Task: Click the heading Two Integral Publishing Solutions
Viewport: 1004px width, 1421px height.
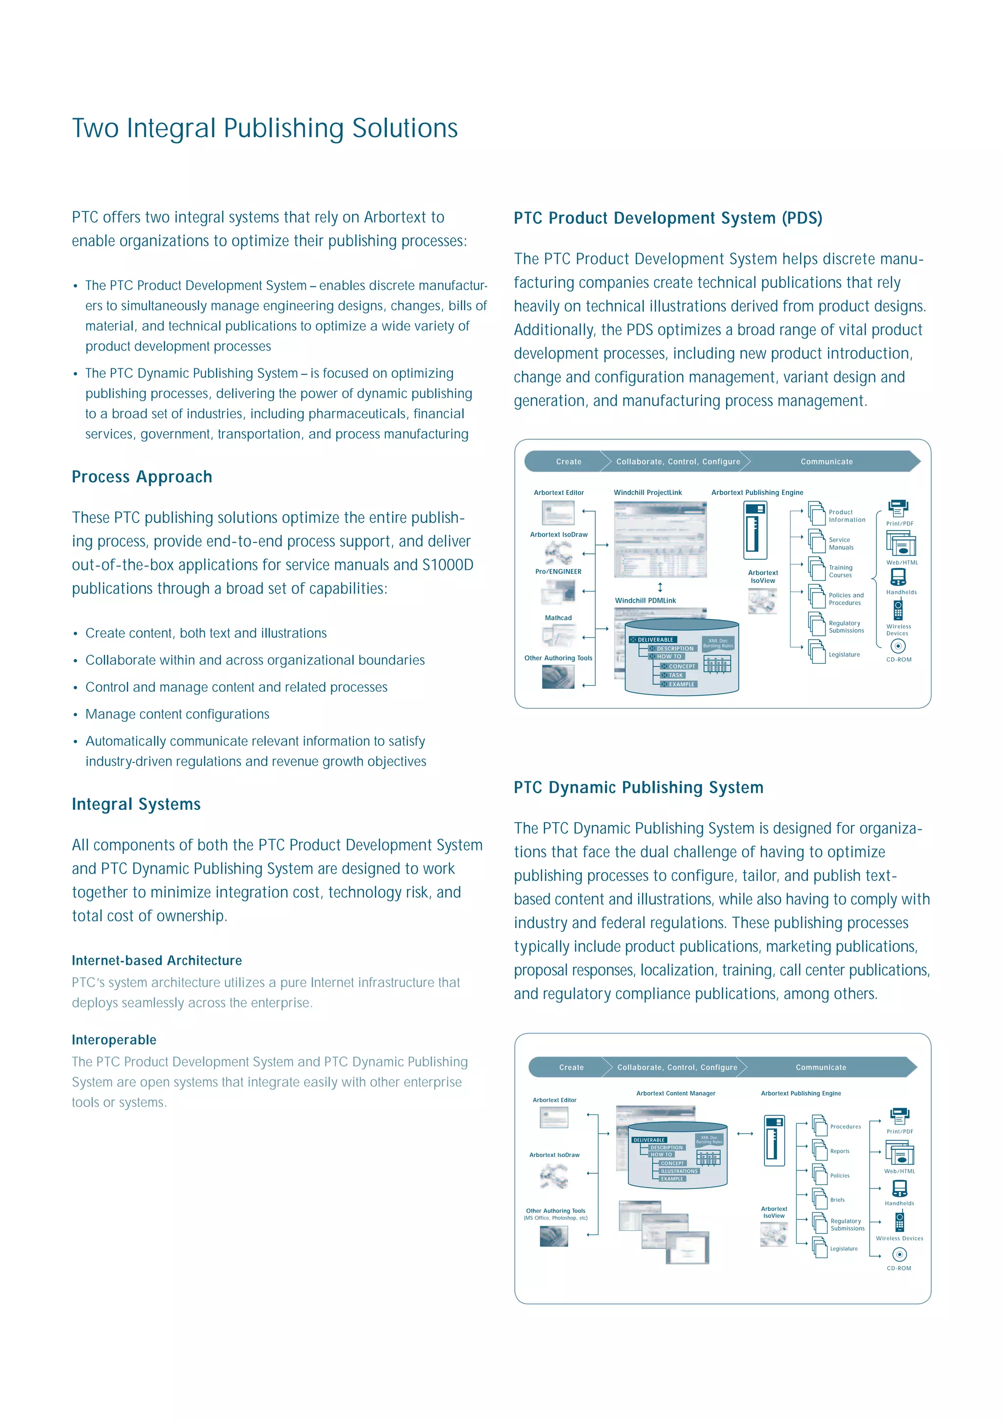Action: pyautogui.click(x=265, y=128)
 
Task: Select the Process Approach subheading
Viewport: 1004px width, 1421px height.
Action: pyautogui.click(x=142, y=477)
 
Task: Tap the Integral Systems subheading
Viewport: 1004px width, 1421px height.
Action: pyautogui.click(x=136, y=804)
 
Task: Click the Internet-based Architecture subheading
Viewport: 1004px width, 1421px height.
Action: pyautogui.click(x=156, y=960)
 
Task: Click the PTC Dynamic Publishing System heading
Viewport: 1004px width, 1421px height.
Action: pyautogui.click(x=638, y=787)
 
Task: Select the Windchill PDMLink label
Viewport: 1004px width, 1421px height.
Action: pyautogui.click(x=645, y=600)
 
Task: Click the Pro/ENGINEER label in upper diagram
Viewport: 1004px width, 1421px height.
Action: pyautogui.click(x=558, y=571)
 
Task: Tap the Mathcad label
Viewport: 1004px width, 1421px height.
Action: pyautogui.click(x=558, y=618)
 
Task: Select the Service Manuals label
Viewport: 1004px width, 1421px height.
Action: pyautogui.click(x=841, y=543)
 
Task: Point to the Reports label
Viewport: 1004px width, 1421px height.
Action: pyautogui.click(x=839, y=1151)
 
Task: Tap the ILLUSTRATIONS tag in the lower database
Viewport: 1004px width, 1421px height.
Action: pyautogui.click(x=678, y=1171)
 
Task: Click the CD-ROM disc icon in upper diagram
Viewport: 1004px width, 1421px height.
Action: pyautogui.click(x=898, y=646)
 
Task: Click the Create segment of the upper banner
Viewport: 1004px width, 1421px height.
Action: pyautogui.click(x=568, y=462)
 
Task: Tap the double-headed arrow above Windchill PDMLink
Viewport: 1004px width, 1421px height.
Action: pyautogui.click(x=660, y=587)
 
